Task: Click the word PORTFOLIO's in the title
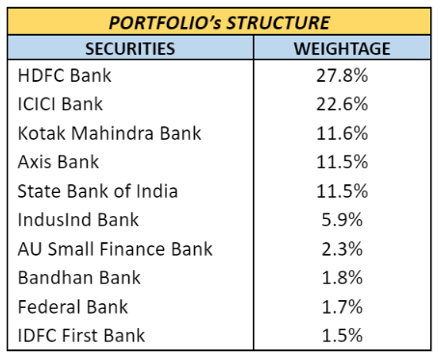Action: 165,23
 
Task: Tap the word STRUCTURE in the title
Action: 279,23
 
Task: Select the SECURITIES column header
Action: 130,49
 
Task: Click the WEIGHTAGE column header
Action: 342,49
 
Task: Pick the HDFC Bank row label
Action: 65,75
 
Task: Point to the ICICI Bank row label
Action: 60,104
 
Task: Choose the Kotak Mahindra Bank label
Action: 110,133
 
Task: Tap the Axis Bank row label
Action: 59,161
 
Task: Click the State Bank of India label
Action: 97,191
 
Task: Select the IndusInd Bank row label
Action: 78,220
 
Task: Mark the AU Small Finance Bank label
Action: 115,249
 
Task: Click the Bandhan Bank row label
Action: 79,277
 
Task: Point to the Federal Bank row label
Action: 73,306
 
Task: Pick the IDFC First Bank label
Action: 81,335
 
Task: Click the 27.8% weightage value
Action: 342,75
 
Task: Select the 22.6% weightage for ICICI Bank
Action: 342,104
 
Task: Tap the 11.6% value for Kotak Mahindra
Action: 342,133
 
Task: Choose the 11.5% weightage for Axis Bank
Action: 342,161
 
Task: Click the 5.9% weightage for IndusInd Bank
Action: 342,220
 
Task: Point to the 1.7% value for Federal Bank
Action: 342,306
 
